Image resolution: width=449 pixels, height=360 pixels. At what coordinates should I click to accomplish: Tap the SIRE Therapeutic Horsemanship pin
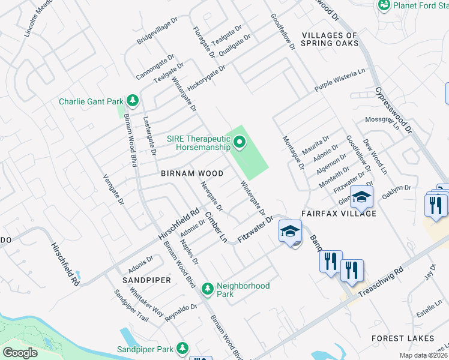coord(240,143)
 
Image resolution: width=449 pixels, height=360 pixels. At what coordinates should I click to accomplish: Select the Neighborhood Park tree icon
coord(208,289)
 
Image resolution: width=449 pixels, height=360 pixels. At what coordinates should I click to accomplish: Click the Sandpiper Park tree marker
coord(182,349)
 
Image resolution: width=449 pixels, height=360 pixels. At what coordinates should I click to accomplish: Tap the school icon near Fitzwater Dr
coord(290,232)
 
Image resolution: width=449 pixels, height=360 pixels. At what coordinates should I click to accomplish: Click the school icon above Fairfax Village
coord(362,197)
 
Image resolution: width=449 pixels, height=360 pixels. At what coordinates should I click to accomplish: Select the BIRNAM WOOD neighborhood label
coord(192,173)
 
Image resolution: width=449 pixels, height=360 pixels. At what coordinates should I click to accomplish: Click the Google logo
coord(20,353)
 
